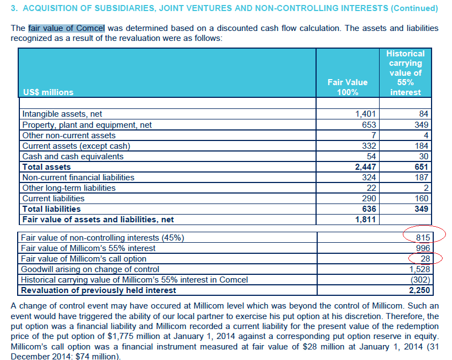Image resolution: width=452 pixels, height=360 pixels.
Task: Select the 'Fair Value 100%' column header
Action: (347, 87)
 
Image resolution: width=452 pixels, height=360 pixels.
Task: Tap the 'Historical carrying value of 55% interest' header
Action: (405, 73)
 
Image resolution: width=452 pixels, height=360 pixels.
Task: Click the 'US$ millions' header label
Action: (48, 92)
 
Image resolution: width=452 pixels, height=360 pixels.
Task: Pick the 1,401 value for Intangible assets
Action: (365, 114)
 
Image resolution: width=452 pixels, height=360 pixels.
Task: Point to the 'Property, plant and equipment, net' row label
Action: (87, 125)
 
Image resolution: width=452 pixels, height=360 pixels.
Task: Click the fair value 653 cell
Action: (369, 125)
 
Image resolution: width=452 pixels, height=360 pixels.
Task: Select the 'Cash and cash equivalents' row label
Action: (72, 156)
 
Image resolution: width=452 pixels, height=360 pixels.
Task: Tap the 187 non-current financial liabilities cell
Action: (421, 178)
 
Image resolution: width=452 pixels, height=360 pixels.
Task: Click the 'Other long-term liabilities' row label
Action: (69, 188)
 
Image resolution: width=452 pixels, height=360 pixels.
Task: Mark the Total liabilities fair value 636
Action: (368, 209)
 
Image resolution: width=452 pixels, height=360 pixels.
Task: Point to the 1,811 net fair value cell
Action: (365, 220)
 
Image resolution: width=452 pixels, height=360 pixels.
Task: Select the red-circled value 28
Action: (424, 259)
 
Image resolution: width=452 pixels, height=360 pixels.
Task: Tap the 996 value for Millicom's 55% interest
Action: (422, 248)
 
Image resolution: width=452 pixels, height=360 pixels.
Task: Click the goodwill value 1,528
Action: (419, 269)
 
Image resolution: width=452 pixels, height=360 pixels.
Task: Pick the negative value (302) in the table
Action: (420, 280)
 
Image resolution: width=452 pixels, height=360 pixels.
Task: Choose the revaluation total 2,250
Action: (419, 290)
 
